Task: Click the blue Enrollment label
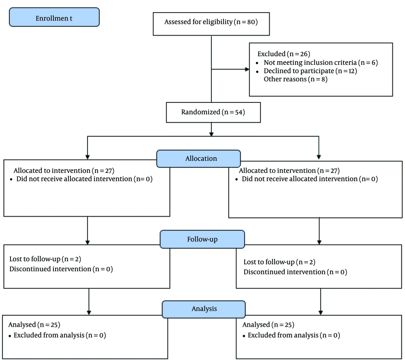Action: pyautogui.click(x=54, y=17)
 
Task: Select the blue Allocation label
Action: pyautogui.click(x=198, y=159)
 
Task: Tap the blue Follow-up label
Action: pyautogui.click(x=202, y=239)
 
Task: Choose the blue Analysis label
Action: pyautogui.click(x=204, y=309)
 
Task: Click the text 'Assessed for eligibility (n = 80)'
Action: pyautogui.click(x=211, y=22)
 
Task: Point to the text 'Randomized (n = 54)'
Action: pyautogui.click(x=213, y=112)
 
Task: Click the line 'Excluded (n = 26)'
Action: pyautogui.click(x=283, y=54)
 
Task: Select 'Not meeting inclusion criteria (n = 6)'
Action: pyautogui.click(x=320, y=62)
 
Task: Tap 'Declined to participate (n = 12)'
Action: pyautogui.click(x=310, y=71)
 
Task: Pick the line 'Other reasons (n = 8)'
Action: pyautogui.click(x=296, y=79)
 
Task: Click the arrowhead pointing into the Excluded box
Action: pyautogui.click(x=247, y=69)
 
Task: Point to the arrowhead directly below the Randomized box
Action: pyautogui.click(x=211, y=134)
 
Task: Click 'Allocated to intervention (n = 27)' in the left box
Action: pyautogui.click(x=64, y=171)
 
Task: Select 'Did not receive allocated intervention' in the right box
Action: pyautogui.click(x=300, y=179)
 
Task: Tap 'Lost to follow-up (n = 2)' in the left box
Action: pyautogui.click(x=45, y=259)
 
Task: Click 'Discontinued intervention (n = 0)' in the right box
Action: pyautogui.click(x=295, y=272)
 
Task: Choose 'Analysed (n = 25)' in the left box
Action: pyautogui.click(x=34, y=325)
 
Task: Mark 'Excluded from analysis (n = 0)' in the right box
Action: pyautogui.click(x=294, y=335)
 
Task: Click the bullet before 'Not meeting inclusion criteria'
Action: pyautogui.click(x=257, y=63)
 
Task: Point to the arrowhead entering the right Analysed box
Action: pyautogui.click(x=320, y=313)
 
